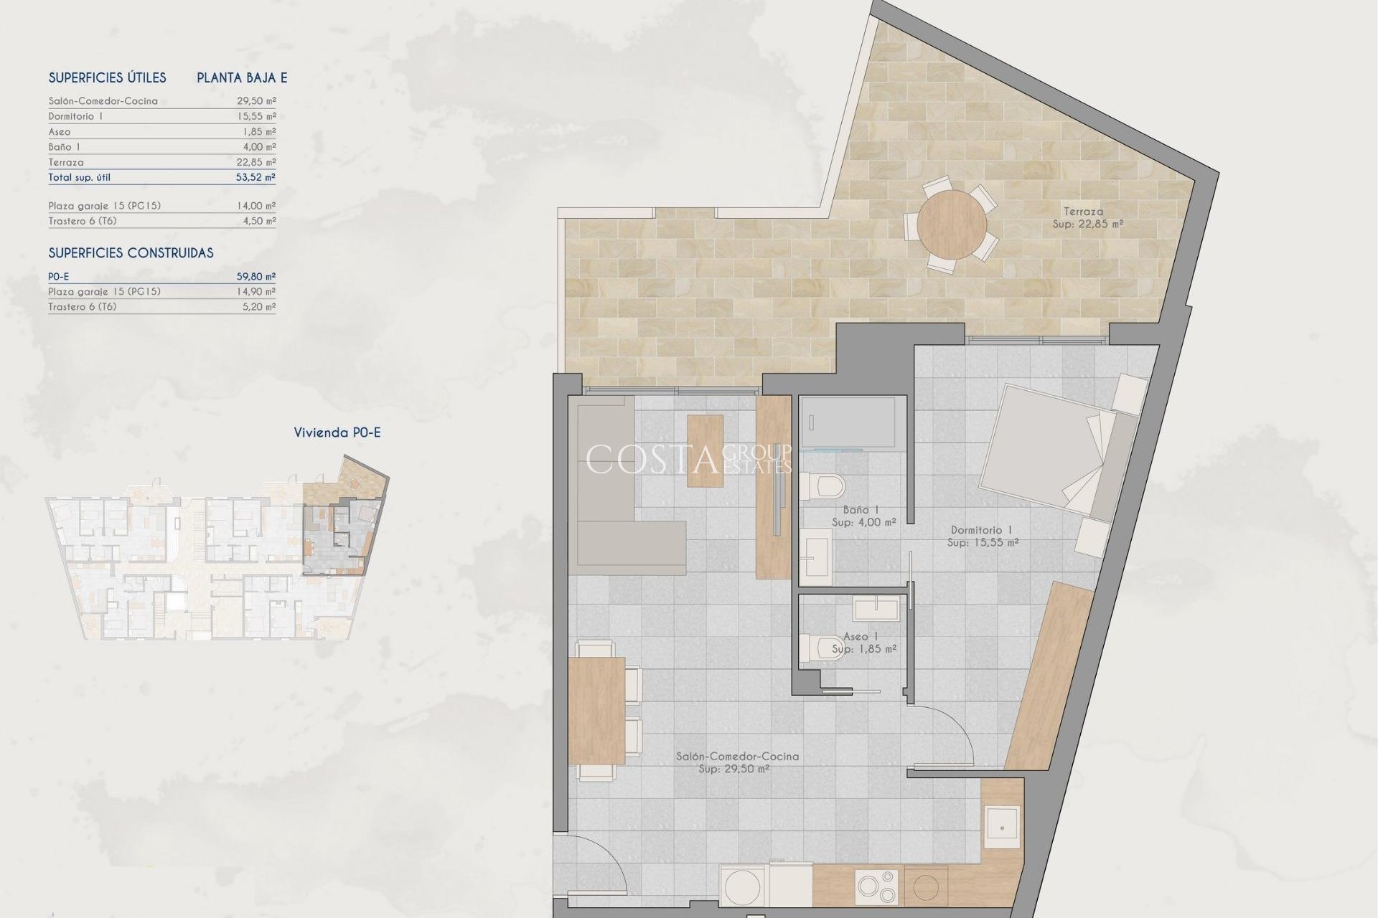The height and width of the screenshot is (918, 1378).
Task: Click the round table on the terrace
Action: [952, 223]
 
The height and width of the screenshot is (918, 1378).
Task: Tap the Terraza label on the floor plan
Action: [1084, 212]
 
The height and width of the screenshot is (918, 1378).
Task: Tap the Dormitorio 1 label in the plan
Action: [981, 530]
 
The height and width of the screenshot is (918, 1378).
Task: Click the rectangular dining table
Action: [596, 710]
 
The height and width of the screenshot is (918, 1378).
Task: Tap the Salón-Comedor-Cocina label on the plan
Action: [737, 756]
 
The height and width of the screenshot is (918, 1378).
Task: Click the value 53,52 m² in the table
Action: [256, 177]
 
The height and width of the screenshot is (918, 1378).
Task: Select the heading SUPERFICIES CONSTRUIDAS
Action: [131, 253]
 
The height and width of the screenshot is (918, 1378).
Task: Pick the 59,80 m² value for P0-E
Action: [256, 276]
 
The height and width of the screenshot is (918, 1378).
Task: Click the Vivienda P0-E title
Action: [337, 432]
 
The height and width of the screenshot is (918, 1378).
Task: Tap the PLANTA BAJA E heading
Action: [242, 78]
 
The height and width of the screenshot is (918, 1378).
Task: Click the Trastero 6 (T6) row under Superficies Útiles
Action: [83, 221]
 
